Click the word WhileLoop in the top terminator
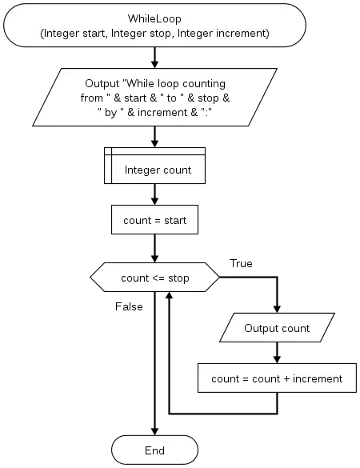154,19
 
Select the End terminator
154,450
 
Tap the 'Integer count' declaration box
154,166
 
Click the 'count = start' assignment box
154,220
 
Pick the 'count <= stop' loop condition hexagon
154,278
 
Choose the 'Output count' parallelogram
277,327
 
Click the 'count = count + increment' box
277,378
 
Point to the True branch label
241,263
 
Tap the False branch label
129,306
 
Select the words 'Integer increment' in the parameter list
223,33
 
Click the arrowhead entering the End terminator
154,431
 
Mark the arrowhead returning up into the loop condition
170,296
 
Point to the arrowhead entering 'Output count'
277,309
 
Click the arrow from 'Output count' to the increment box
277,353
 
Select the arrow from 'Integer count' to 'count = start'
154,194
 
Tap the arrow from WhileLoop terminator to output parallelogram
154,58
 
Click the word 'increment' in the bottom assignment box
318,378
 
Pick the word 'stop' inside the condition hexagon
178,278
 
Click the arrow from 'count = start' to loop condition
154,248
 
